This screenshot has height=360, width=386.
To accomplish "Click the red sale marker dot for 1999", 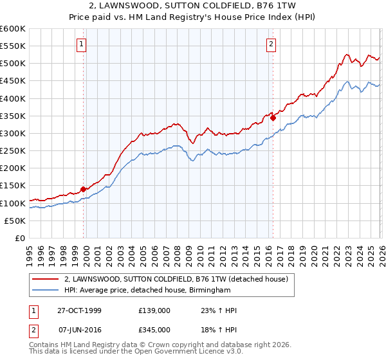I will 83,189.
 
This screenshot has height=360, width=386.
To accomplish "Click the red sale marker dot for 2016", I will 273,118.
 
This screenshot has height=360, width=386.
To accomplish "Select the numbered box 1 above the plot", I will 83,44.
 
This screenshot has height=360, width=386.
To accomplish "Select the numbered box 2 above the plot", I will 271,44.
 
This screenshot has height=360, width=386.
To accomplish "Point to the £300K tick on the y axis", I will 13,134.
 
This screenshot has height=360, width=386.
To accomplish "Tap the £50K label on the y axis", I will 15,221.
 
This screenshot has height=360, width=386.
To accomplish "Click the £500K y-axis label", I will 13,64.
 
